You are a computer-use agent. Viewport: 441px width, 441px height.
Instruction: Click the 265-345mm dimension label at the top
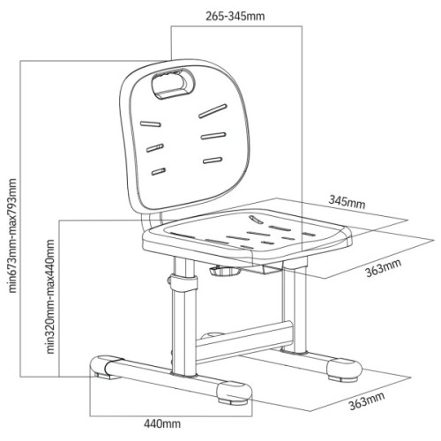235,16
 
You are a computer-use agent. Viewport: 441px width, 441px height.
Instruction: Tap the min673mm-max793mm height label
12,235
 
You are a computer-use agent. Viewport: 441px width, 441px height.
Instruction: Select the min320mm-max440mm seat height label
51,296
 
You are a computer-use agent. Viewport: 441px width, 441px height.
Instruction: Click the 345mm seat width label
347,202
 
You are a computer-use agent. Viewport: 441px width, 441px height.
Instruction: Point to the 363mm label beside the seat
383,268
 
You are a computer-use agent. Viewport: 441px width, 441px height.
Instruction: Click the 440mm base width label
162,423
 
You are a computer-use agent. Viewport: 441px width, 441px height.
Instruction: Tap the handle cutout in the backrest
173,84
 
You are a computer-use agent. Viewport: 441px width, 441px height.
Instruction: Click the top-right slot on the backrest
213,111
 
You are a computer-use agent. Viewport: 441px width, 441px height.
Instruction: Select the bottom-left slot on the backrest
159,171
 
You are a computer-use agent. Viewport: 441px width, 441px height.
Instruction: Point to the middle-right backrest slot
213,136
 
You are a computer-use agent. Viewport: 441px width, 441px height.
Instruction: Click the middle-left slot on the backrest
155,148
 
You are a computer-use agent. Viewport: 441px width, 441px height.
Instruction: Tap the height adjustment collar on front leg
183,283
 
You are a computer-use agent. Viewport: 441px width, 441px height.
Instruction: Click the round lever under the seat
225,271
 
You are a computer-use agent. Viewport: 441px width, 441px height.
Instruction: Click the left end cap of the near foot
101,366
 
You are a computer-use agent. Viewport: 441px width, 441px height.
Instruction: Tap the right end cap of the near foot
235,392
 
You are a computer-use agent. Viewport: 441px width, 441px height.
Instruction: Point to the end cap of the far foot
344,370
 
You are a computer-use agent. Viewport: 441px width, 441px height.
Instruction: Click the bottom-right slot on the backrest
213,160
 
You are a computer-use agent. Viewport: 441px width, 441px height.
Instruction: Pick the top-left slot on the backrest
150,123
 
